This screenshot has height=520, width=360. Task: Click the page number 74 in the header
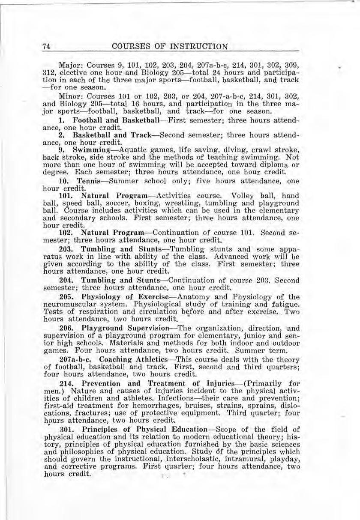[x=47, y=47]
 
